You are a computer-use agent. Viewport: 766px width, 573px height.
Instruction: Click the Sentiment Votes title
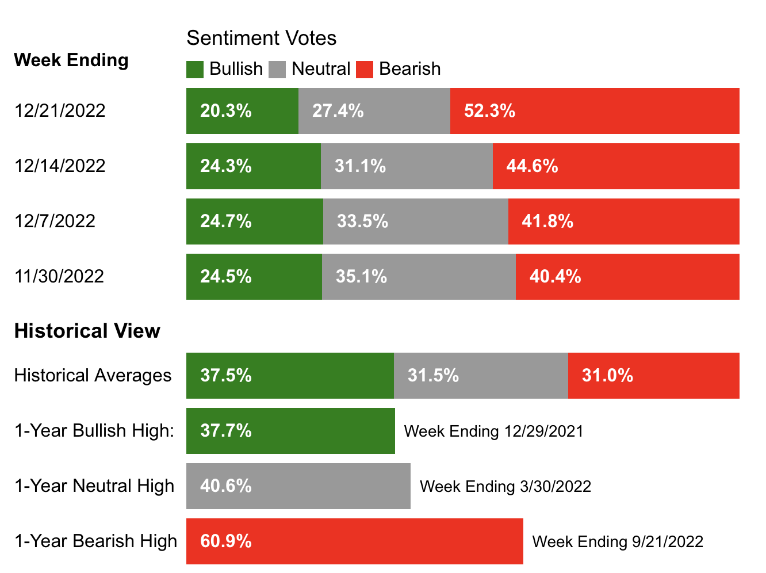[x=261, y=38]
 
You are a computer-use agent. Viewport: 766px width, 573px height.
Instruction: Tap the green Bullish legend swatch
[x=195, y=69]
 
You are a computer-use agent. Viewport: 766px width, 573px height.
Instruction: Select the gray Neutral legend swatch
[x=277, y=69]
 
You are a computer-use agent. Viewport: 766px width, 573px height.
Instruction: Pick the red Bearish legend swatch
[x=365, y=69]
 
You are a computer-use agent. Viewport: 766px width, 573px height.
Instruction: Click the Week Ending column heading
[x=71, y=60]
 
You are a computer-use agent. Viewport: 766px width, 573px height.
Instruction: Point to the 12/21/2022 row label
[x=60, y=110]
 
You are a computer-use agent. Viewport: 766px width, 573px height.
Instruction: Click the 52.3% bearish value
[x=489, y=110]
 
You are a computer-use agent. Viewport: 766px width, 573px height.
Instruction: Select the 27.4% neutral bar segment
[x=374, y=111]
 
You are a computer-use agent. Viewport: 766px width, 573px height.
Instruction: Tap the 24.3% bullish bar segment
[x=253, y=166]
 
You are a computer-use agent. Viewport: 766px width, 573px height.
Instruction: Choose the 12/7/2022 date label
[x=55, y=221]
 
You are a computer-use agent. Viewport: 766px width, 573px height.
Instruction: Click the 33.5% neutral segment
[x=415, y=221]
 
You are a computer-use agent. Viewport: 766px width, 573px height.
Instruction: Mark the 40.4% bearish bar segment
[x=627, y=277]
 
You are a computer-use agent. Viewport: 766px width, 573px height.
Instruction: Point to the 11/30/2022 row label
[x=59, y=276]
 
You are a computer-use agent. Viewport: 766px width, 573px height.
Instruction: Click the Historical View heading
[x=87, y=331]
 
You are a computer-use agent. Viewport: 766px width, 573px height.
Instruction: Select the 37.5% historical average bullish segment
[x=290, y=376]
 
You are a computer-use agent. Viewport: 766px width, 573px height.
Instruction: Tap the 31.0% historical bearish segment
[x=653, y=376]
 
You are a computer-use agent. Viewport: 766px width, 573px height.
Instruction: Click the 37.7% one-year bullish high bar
[x=290, y=431]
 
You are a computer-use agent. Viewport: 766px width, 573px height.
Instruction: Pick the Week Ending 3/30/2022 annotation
[x=505, y=487]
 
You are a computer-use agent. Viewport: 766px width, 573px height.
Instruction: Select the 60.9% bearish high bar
[x=354, y=541]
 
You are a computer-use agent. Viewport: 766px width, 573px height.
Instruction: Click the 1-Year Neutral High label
[x=94, y=486]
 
